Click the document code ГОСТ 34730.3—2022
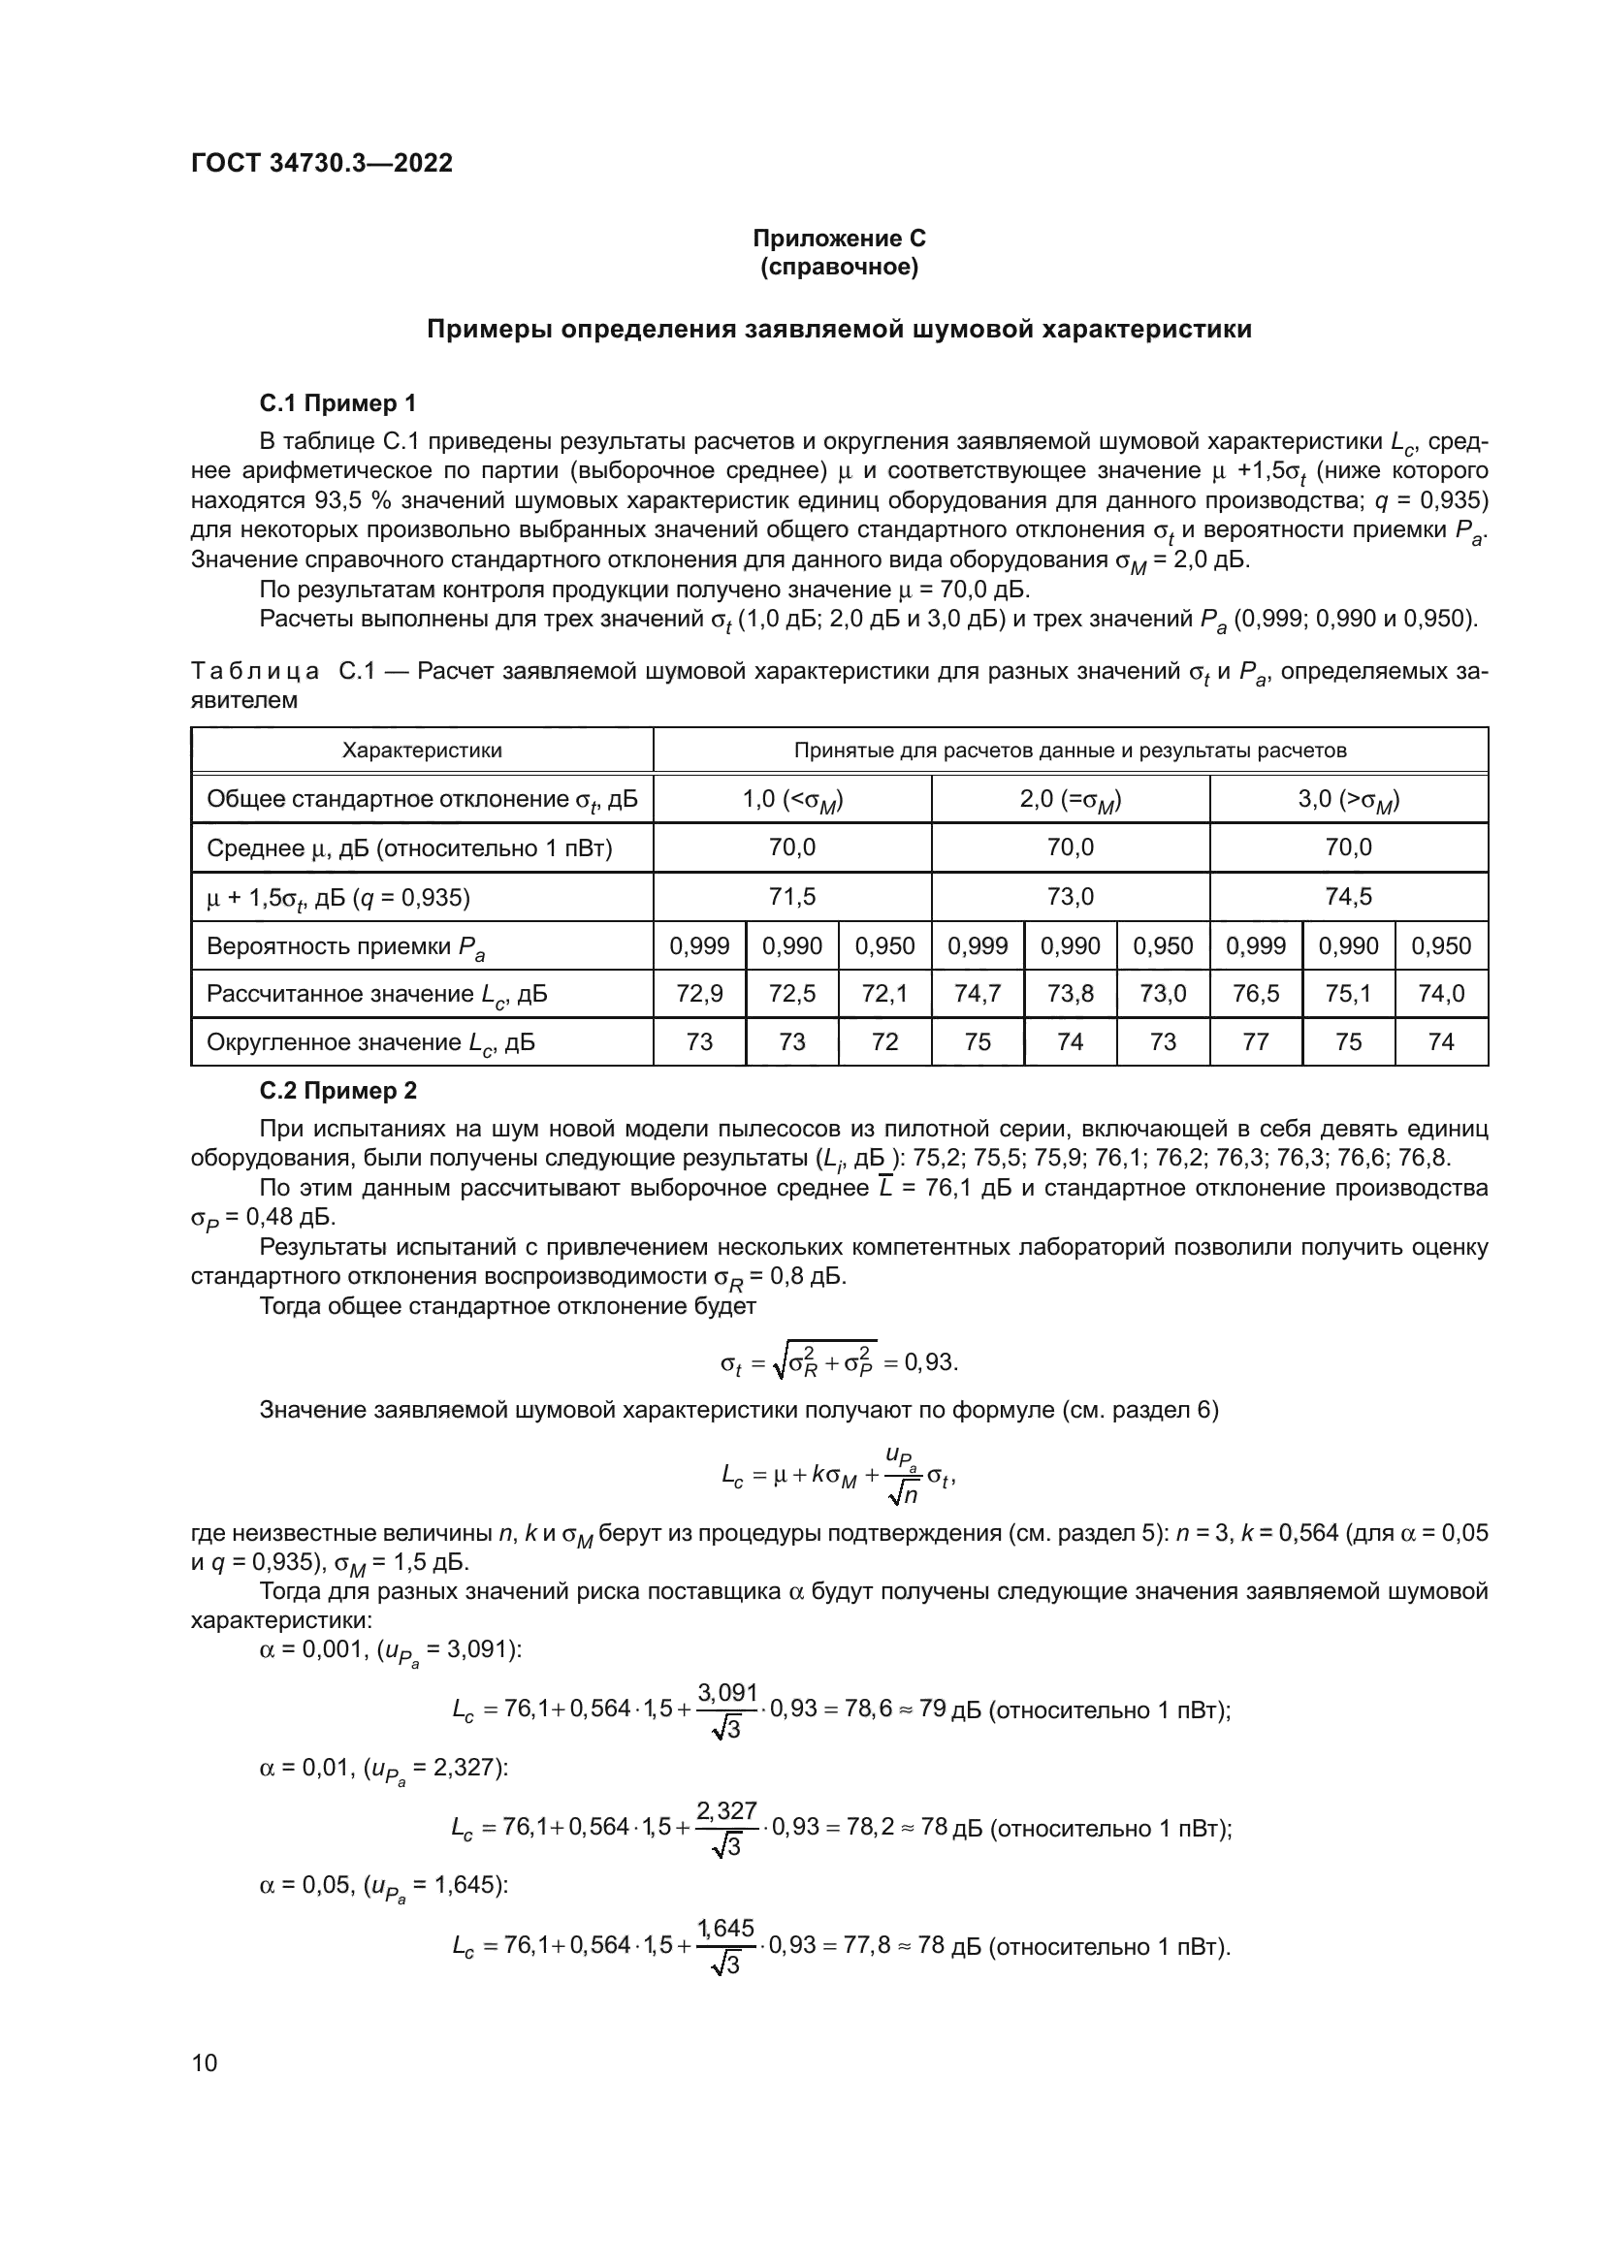click(321, 163)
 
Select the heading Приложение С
click(839, 239)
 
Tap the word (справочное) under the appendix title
click(839, 267)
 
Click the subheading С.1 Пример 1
click(337, 403)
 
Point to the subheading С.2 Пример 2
click(337, 1091)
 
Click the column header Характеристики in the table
click(422, 750)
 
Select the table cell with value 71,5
click(792, 896)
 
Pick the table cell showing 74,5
click(1348, 896)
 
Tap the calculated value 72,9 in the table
click(699, 993)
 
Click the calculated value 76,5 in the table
click(1255, 993)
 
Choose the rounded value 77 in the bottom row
click(1255, 1041)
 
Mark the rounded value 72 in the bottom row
click(885, 1041)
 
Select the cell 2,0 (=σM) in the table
click(1071, 799)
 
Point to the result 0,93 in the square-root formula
click(929, 1363)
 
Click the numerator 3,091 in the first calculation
click(727, 1692)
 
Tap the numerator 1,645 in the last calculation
click(727, 1929)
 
